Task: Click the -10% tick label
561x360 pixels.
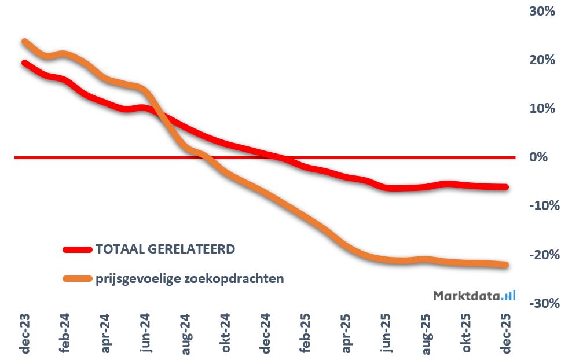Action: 541,205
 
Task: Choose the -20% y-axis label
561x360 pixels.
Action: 541,255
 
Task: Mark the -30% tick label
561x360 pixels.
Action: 541,303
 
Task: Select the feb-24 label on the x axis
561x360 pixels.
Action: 65,335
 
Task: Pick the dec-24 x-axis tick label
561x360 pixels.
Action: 266,335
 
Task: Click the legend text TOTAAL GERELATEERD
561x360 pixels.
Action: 165,249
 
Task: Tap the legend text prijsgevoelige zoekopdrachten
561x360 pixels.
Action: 189,278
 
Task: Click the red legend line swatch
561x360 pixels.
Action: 78,249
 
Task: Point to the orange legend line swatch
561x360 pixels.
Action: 78,278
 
